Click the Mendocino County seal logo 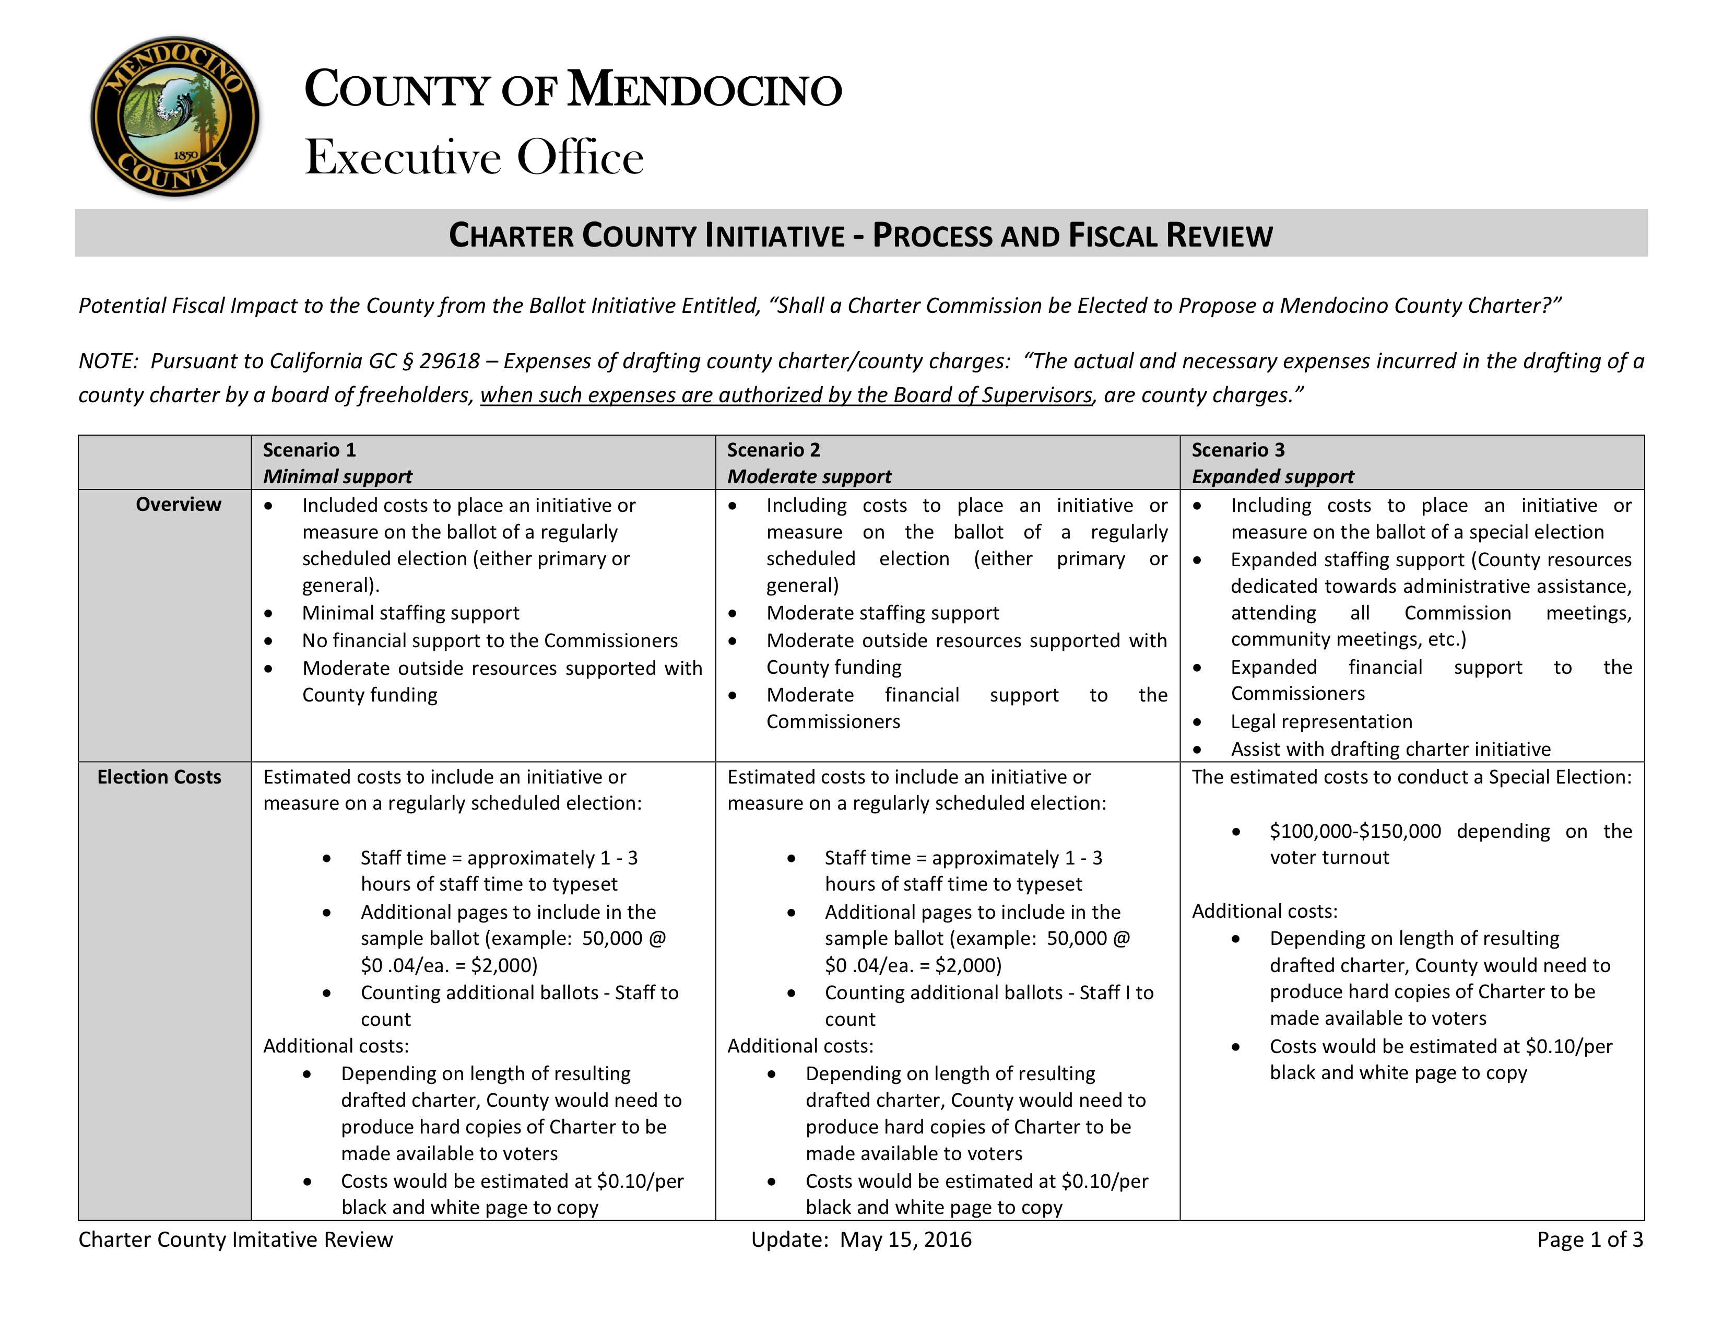tap(175, 117)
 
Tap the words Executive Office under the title tap(474, 157)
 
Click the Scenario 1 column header tap(309, 450)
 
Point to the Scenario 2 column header tap(773, 450)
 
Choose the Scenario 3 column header tap(1238, 450)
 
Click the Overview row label tap(178, 504)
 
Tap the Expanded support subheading tap(1272, 476)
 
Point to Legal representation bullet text tap(1321, 721)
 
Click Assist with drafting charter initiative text tap(1390, 749)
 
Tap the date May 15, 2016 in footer tap(906, 1239)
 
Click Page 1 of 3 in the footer tap(1590, 1239)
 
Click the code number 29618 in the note tap(449, 360)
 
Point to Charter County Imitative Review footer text tap(235, 1239)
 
